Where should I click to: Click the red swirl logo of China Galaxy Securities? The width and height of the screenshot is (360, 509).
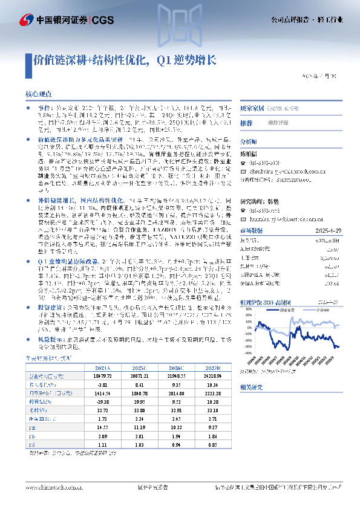(24, 21)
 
